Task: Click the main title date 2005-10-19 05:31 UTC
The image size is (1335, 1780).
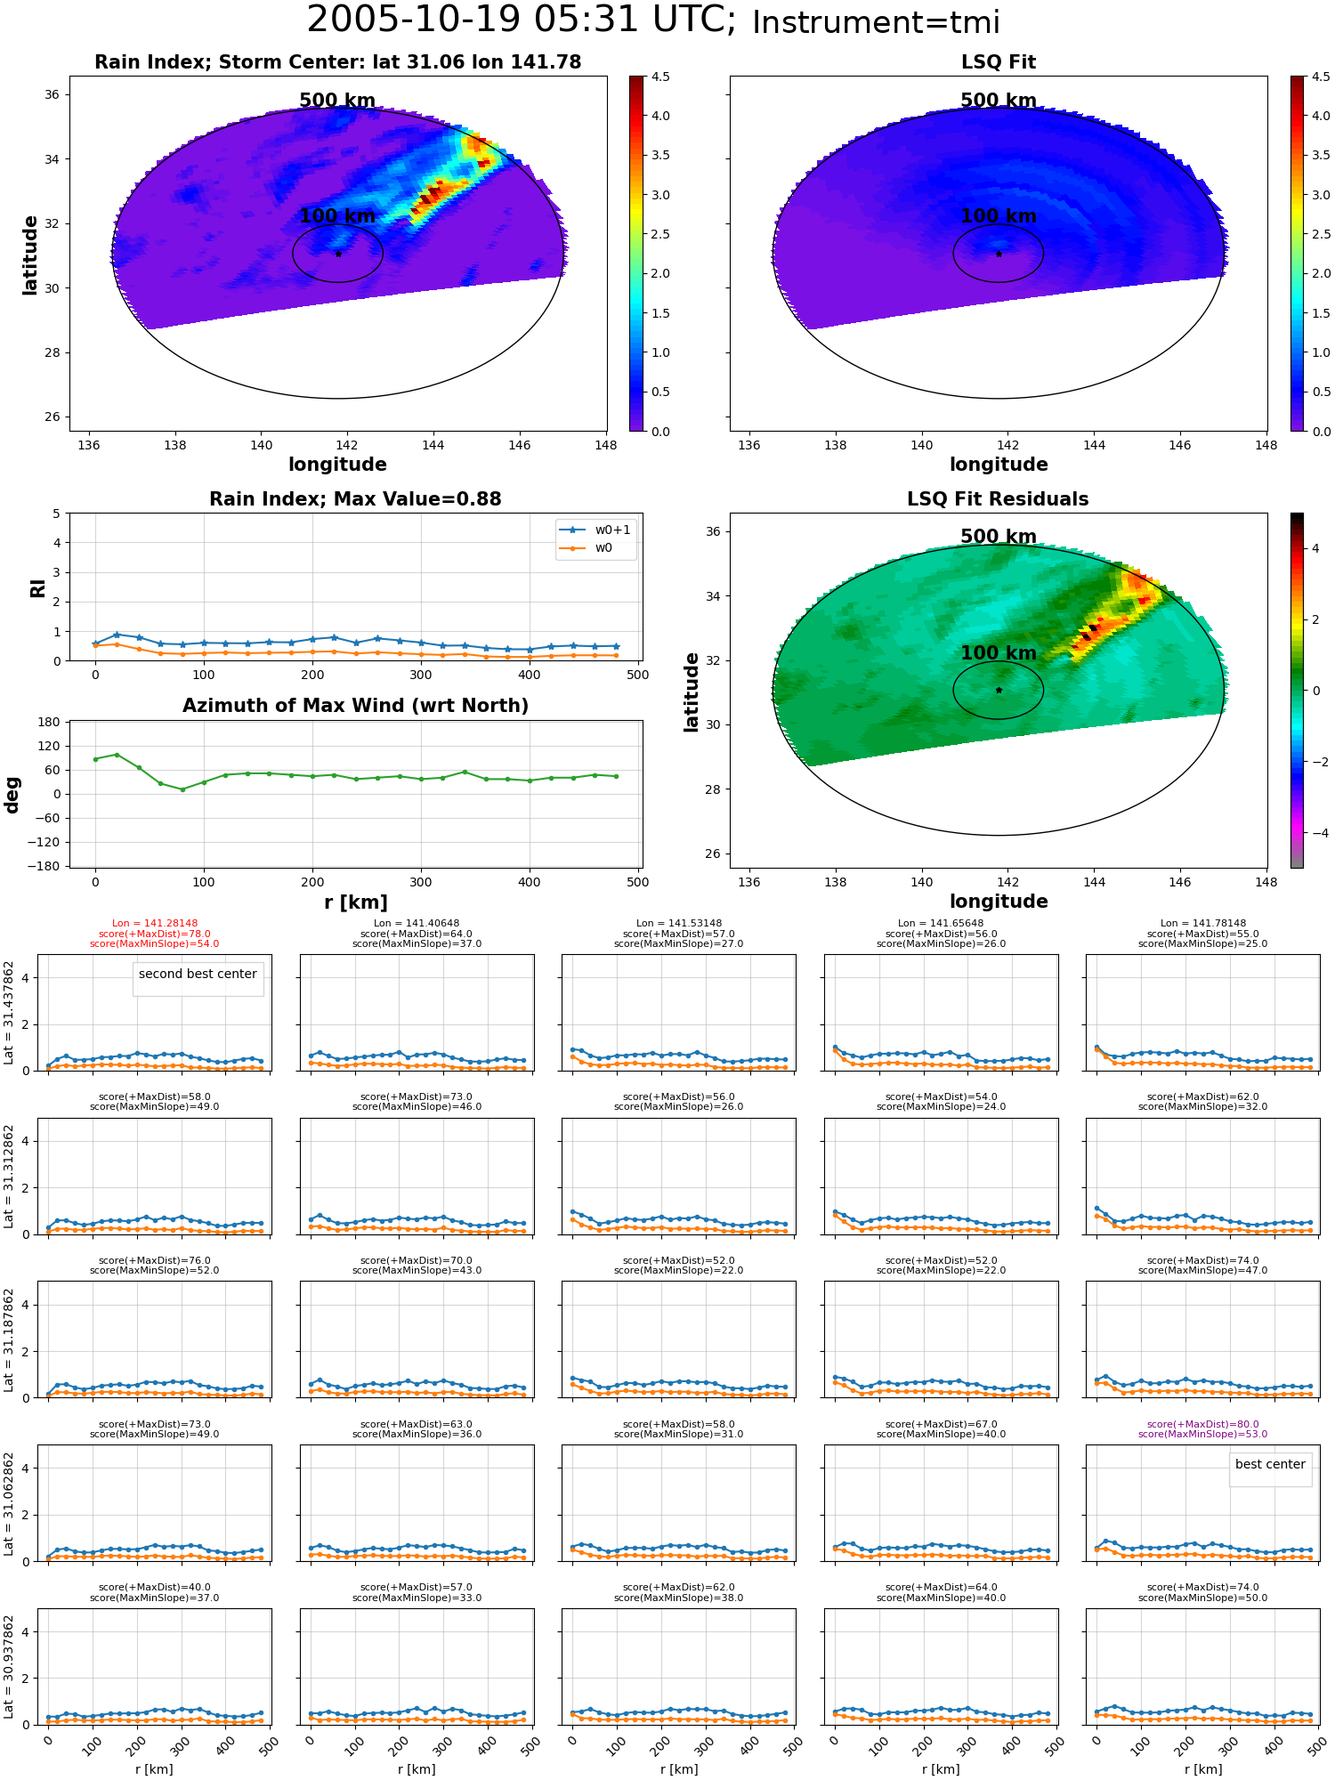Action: (521, 20)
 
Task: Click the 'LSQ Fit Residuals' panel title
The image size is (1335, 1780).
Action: (998, 499)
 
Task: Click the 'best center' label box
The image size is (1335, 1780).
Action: (1270, 1464)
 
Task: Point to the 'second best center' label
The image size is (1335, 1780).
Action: (198, 974)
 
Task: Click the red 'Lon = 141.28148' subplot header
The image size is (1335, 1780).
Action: (155, 924)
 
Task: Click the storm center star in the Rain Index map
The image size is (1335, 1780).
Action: (338, 254)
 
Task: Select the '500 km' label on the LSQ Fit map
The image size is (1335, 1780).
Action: (999, 101)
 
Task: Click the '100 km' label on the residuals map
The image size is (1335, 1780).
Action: (999, 652)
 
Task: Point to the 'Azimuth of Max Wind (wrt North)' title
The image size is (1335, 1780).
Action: (355, 706)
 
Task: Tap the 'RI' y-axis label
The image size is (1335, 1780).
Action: (37, 588)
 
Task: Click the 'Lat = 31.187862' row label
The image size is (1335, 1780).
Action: (9, 1339)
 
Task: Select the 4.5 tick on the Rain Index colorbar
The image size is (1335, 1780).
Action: (660, 77)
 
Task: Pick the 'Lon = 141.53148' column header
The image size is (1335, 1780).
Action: (679, 924)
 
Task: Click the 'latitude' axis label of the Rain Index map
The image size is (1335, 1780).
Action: (30, 255)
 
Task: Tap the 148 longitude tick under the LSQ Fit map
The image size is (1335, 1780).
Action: (1266, 445)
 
